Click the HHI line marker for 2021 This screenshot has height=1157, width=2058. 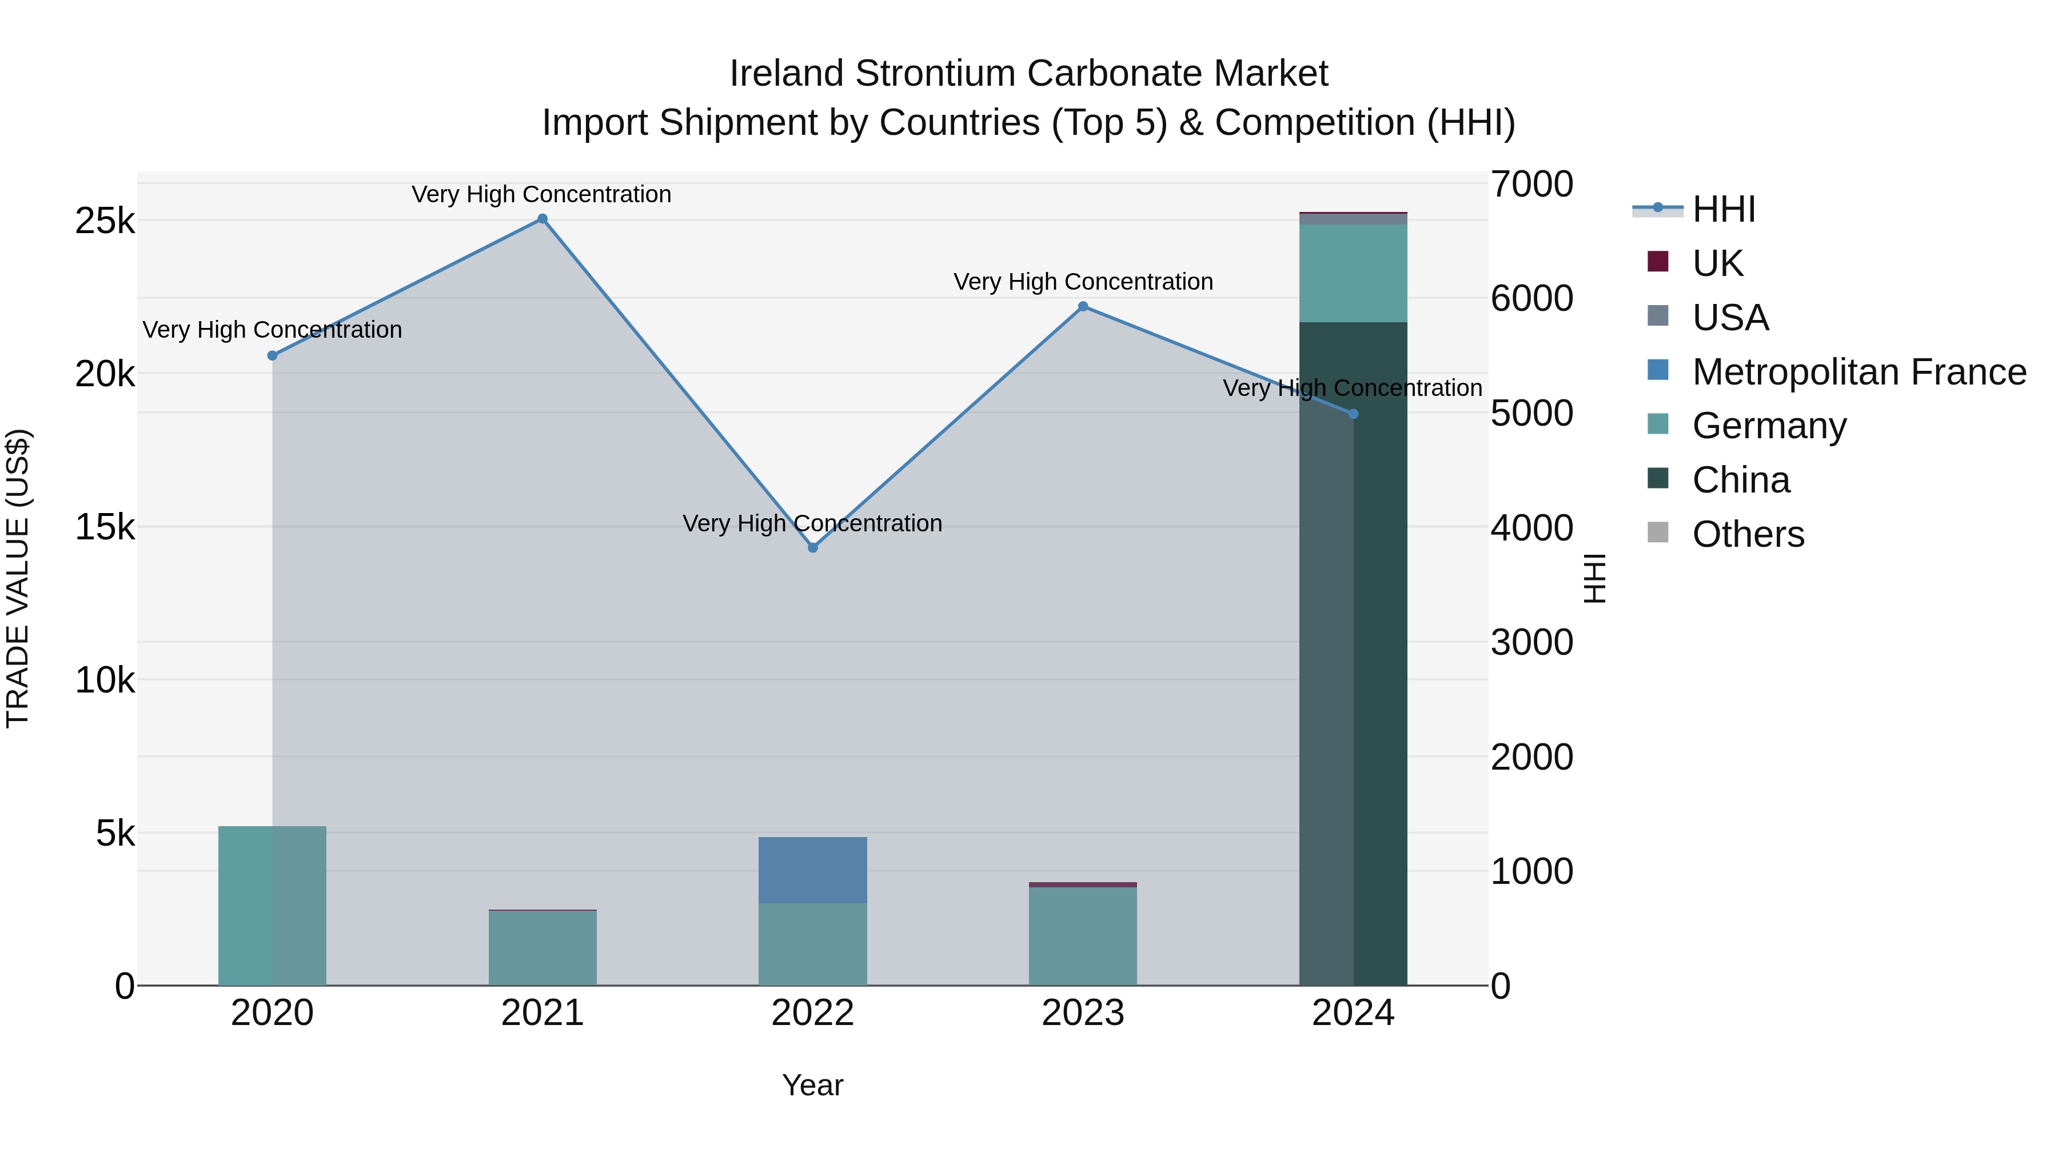[x=543, y=219]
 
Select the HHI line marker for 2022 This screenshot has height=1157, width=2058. [x=812, y=548]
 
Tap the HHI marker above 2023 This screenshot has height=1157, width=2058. [x=1083, y=306]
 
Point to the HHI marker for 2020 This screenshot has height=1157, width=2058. [x=273, y=355]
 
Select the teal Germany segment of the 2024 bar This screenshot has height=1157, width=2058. [x=1353, y=273]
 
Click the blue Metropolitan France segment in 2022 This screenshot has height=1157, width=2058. [x=812, y=870]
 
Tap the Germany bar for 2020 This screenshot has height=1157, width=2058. [x=273, y=906]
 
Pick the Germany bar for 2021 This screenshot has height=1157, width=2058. [x=543, y=948]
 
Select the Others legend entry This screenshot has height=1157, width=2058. [x=1747, y=534]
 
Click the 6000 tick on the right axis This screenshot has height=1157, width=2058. [x=1531, y=299]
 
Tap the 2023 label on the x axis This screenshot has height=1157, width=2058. [x=1083, y=1013]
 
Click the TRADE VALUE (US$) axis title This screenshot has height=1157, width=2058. [x=18, y=578]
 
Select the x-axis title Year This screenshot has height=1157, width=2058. [x=812, y=1085]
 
